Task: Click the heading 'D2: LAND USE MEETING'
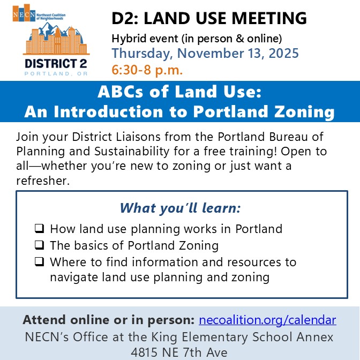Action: coord(209,19)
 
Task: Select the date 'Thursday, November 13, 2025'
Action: coord(205,54)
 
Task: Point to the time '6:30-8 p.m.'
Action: coord(147,70)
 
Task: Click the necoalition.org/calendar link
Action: coord(267,320)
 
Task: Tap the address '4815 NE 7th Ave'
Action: coord(179,352)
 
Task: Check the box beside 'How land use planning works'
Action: coord(39,229)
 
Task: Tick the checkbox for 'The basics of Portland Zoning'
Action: coord(39,246)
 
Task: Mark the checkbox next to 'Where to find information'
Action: coord(39,262)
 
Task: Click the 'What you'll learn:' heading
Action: coord(180,208)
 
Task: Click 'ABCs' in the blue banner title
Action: coord(120,92)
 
